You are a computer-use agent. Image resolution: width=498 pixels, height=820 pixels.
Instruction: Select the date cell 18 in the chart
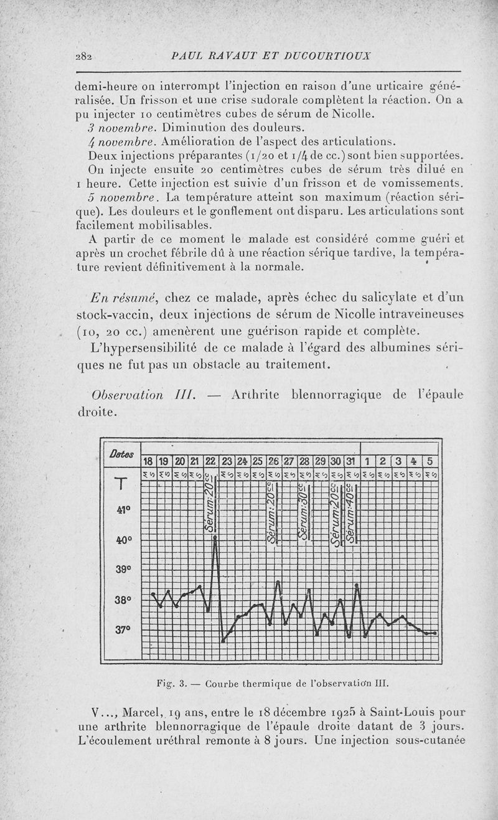tap(149, 462)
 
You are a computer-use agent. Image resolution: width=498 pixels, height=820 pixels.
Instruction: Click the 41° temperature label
tap(123, 509)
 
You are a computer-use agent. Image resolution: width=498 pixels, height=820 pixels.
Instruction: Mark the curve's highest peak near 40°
tap(215, 537)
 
